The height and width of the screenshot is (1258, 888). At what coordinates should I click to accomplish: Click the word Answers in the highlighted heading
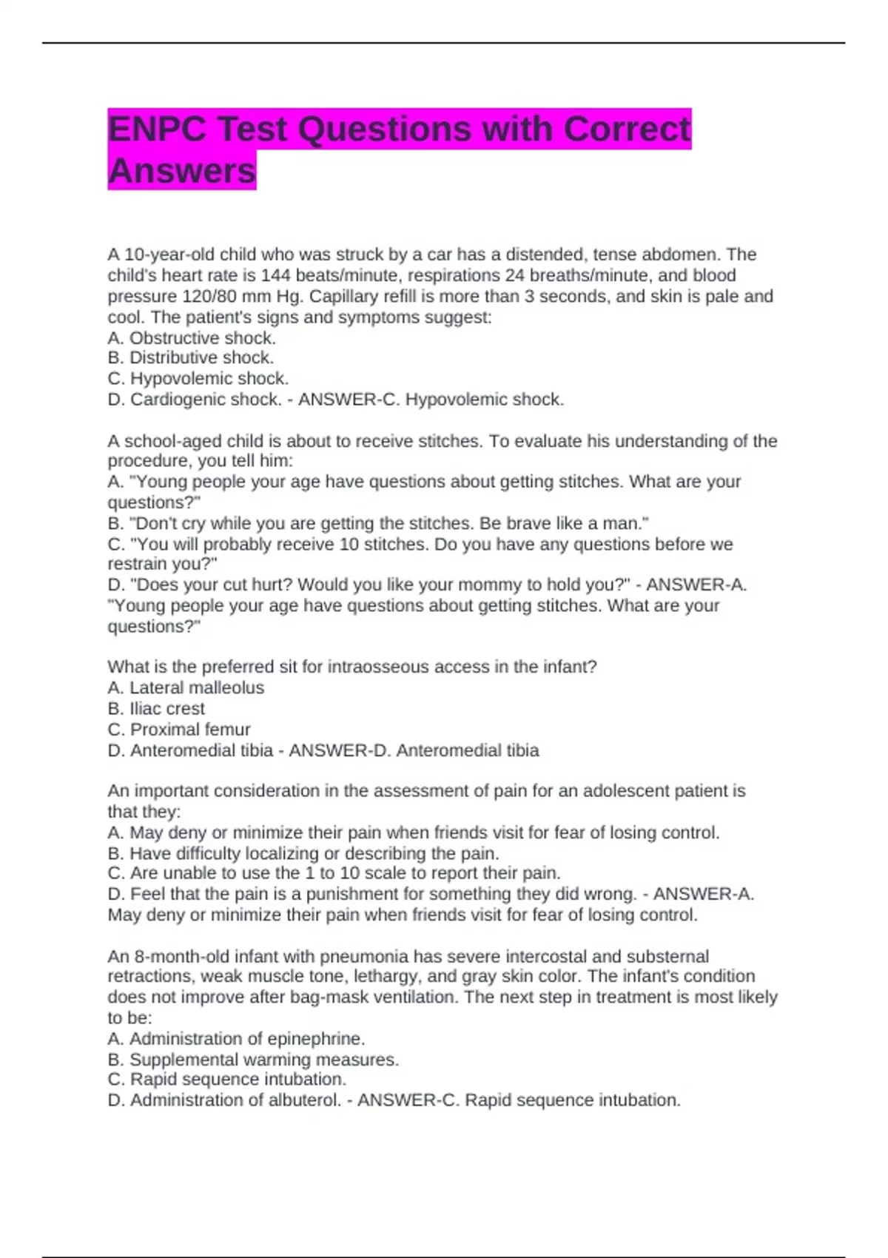pos(182,171)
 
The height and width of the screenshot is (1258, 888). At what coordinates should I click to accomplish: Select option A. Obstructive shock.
pos(192,338)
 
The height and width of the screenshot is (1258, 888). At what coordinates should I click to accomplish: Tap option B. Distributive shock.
pos(190,358)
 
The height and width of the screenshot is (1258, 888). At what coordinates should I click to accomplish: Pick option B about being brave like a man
pos(378,523)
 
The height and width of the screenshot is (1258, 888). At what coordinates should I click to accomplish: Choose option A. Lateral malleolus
pos(186,687)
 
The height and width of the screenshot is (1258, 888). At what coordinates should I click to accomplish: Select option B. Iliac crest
pos(156,708)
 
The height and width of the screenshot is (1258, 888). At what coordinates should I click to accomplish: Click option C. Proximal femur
pos(179,730)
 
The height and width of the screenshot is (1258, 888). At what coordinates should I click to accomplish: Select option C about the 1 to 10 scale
pos(334,873)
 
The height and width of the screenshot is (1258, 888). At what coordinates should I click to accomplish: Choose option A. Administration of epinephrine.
pos(236,1038)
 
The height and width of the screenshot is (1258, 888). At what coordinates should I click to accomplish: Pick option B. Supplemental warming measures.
pos(253,1060)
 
